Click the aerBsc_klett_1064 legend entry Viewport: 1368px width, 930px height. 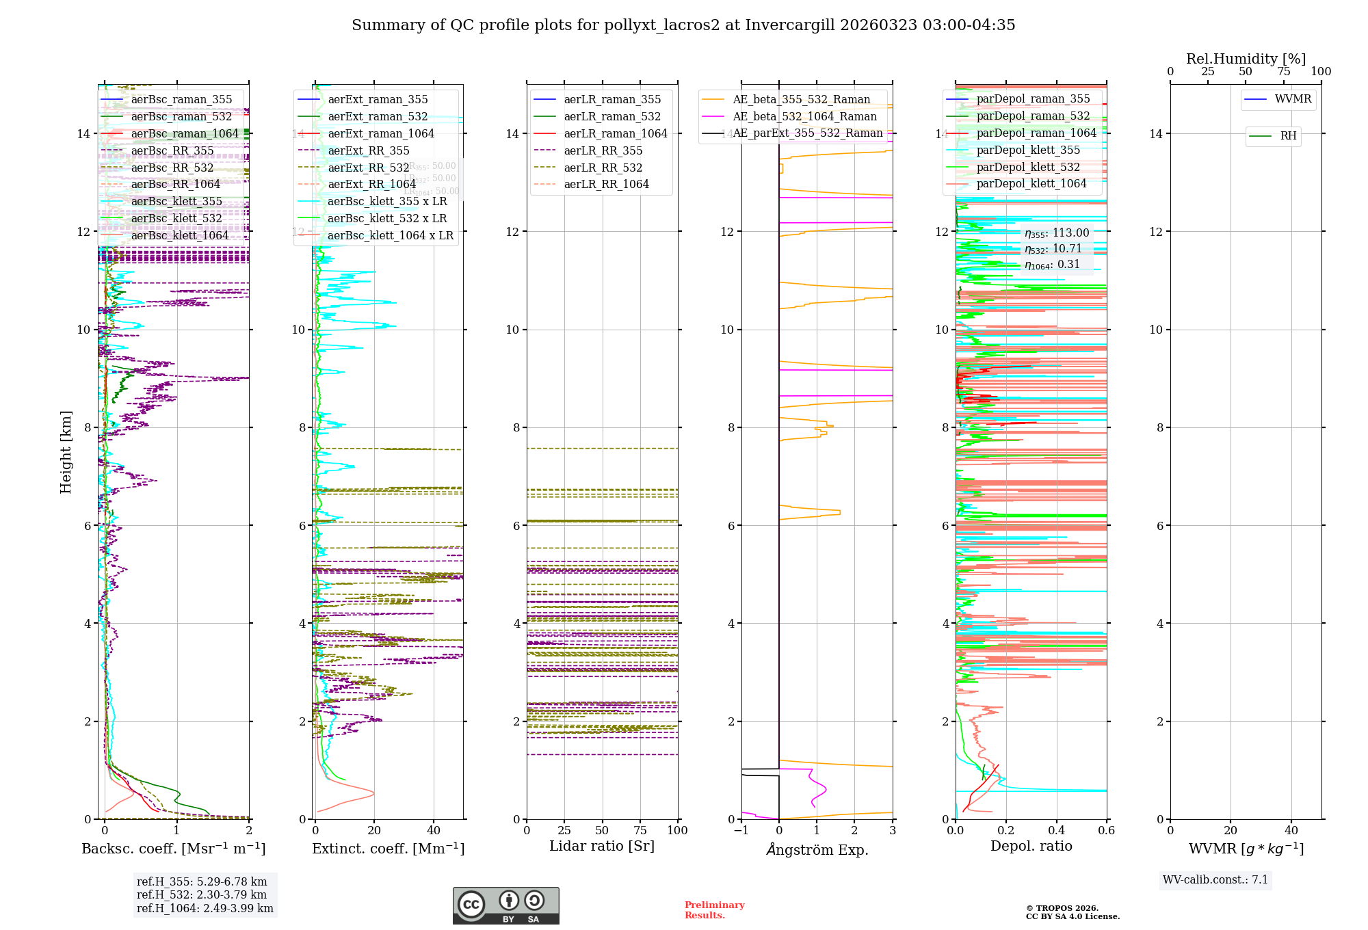coord(180,235)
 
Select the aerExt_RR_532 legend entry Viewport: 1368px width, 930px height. coord(369,168)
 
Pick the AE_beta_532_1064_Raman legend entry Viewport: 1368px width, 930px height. coord(804,116)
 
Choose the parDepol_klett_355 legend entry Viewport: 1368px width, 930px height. coord(1028,150)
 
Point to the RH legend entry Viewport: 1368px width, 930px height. coord(1288,136)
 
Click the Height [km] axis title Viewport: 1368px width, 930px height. coord(66,452)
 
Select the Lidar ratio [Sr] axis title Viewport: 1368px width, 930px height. coord(602,846)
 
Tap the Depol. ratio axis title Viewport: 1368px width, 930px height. coord(1031,846)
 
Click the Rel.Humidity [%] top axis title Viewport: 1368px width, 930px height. coord(1246,59)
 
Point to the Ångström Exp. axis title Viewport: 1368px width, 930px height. coord(817,849)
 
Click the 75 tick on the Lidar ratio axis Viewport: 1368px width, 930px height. coord(640,830)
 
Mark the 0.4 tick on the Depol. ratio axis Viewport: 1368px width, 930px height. coord(1056,830)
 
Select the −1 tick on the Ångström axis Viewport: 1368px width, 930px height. coord(741,830)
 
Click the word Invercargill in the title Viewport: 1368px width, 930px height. coord(789,25)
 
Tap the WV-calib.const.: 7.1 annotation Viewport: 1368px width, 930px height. coord(1215,879)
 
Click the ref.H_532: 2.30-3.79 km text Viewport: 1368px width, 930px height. coord(202,894)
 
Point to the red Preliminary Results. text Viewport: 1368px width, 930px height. coord(714,909)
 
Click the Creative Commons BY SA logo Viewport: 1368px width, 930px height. coord(505,905)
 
